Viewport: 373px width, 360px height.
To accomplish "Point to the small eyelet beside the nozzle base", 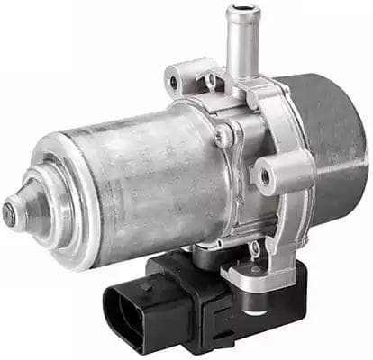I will [213, 80].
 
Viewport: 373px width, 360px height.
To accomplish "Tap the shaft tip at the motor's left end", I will [9, 214].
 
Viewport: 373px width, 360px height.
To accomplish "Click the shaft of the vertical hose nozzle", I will [239, 45].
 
